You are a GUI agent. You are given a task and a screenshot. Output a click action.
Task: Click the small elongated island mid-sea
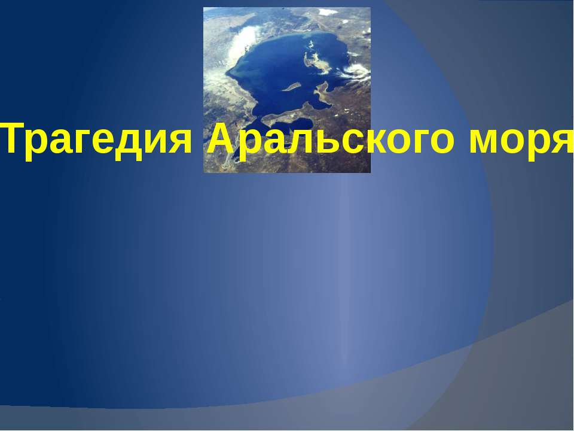[x=291, y=87]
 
